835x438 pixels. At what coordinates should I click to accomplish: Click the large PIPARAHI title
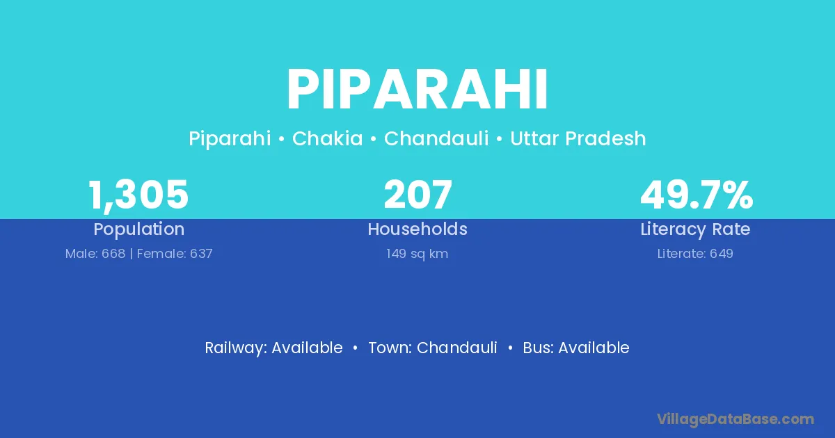pos(417,90)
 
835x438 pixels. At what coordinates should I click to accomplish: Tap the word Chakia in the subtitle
pos(327,138)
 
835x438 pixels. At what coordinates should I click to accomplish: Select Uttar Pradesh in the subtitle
pos(578,138)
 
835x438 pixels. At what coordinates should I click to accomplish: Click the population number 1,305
pos(138,195)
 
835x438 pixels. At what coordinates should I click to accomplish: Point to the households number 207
pos(417,195)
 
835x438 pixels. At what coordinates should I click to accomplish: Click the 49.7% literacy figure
pos(697,195)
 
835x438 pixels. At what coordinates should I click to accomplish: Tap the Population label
pos(139,229)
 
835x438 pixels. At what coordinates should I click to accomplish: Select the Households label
pos(417,229)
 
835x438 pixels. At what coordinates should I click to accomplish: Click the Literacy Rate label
pos(695,229)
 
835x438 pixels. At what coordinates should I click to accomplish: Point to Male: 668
pos(95,254)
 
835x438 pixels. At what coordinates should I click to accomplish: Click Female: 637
pos(175,254)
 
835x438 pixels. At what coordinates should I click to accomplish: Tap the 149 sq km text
pos(417,254)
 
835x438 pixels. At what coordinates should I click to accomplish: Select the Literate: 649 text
pos(695,254)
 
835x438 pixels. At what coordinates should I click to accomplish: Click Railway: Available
pos(273,348)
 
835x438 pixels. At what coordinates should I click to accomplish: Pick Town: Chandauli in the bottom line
pos(433,348)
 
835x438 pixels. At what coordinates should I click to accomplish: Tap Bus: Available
pos(576,348)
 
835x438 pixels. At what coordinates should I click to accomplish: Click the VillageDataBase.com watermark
pos(735,419)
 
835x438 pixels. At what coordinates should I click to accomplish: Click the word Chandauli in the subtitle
pos(436,138)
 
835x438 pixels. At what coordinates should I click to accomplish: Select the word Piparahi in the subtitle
pos(230,139)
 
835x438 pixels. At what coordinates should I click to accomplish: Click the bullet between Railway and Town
pos(356,348)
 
